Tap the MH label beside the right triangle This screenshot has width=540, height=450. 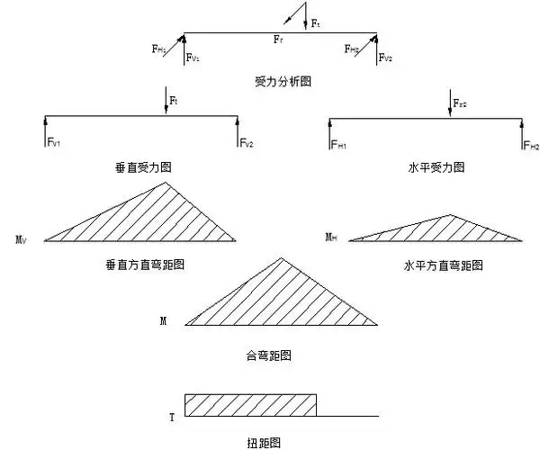click(x=331, y=237)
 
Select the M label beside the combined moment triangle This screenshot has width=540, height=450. click(x=163, y=320)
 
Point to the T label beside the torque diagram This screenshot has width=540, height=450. click(x=171, y=418)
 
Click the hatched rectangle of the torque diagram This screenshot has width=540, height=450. click(x=250, y=406)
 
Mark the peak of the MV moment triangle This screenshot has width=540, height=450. click(x=166, y=184)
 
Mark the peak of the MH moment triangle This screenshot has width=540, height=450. click(x=452, y=215)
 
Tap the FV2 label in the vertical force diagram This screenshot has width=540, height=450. click(x=247, y=143)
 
